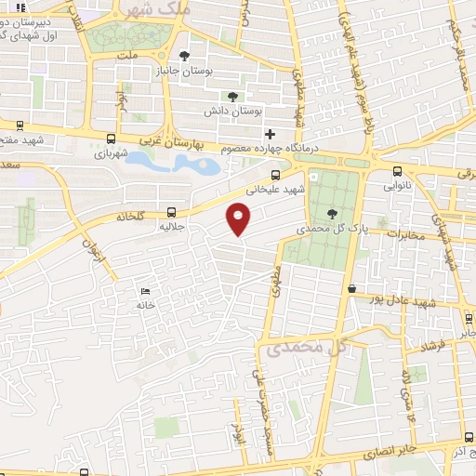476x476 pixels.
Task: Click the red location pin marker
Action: point(239,218)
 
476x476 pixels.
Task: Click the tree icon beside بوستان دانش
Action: point(231,96)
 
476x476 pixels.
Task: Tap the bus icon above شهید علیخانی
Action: point(274,174)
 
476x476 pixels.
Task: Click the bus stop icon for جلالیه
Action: point(170,211)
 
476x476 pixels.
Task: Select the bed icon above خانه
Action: point(144,291)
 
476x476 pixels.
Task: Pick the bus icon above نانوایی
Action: point(398,171)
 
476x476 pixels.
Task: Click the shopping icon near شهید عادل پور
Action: point(351,289)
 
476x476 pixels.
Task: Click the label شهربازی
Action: point(114,154)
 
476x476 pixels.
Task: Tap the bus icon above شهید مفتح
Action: point(20,126)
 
